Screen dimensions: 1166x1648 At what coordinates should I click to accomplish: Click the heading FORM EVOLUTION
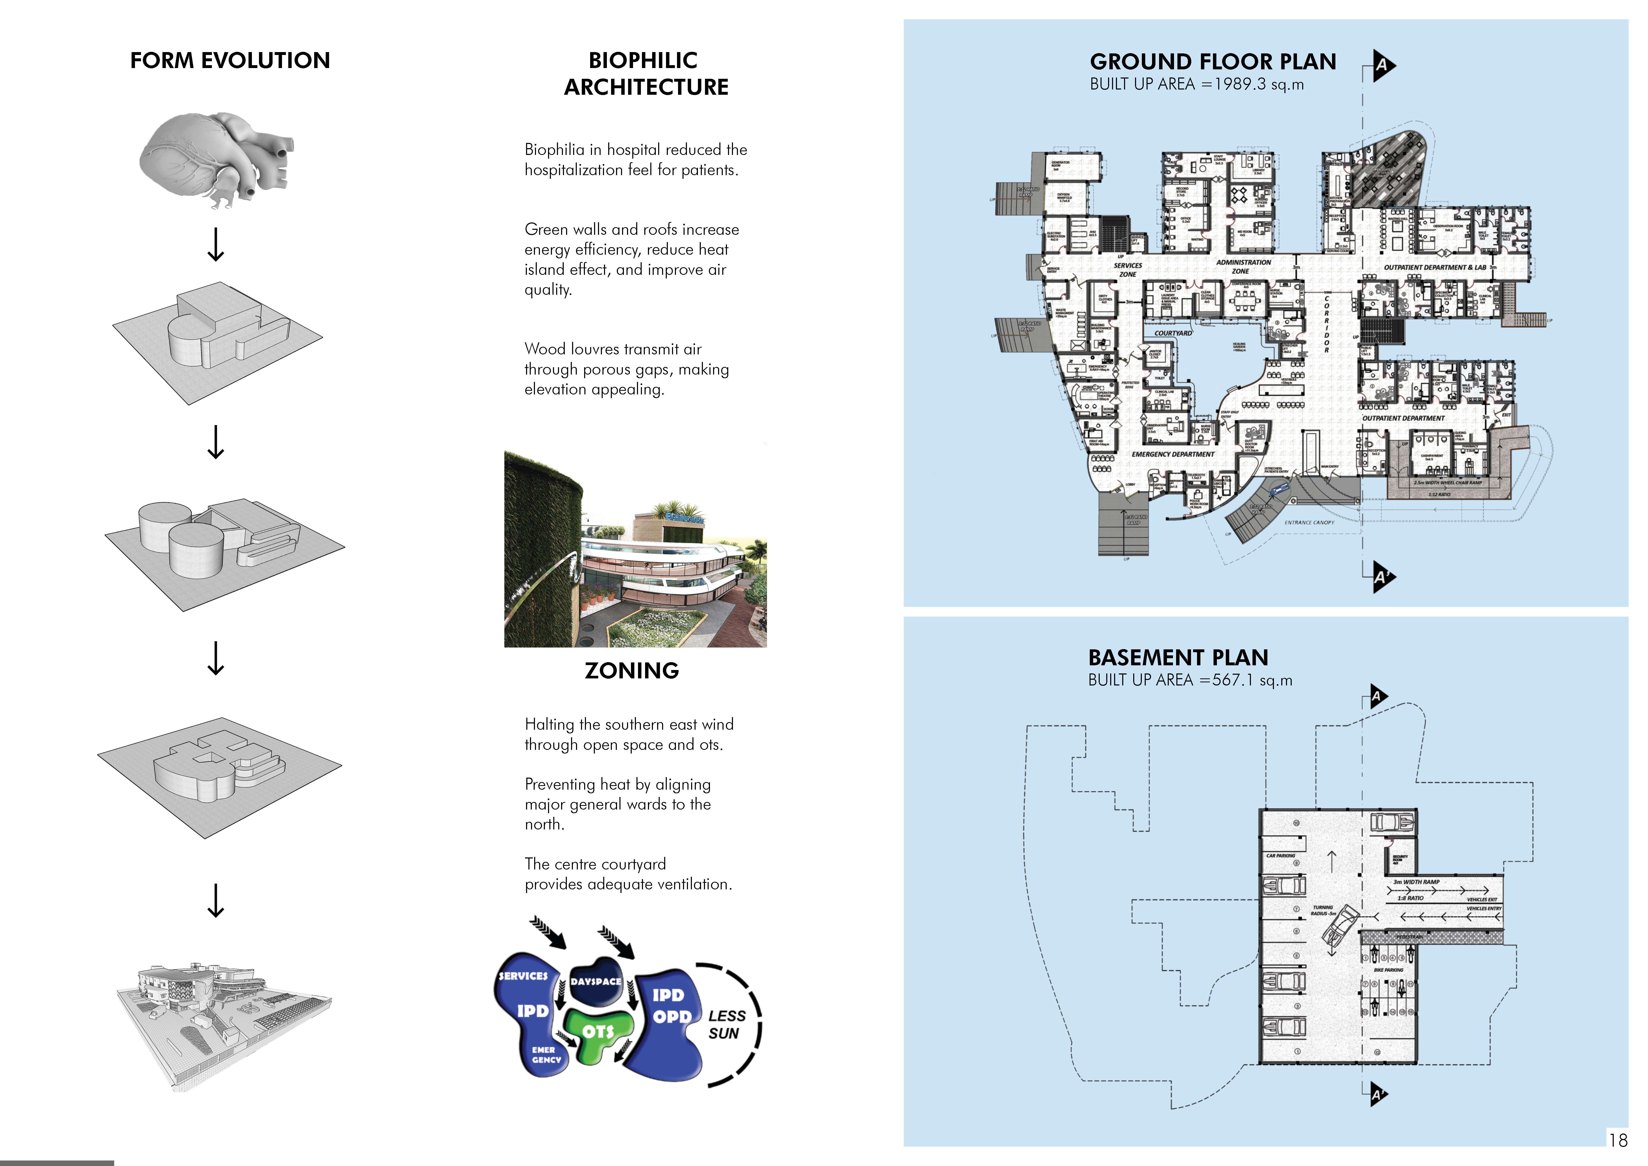pos(230,60)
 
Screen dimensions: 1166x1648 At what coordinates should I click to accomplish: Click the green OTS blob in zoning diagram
pos(598,1032)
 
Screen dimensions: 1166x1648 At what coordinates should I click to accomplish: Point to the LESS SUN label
pos(726,1025)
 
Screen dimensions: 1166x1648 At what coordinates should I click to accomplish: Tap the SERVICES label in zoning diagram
pos(523,976)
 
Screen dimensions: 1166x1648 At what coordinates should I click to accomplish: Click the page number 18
pos(1618,1140)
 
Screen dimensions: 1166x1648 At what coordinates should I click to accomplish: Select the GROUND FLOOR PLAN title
pos(1212,62)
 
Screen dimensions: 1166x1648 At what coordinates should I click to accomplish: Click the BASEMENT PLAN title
pos(1178,658)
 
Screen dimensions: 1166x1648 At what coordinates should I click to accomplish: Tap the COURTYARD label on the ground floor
pos(1173,333)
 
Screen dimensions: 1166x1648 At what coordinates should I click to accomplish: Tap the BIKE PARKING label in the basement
pos(1388,970)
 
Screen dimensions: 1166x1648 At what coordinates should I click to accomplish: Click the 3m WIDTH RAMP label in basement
pos(1415,882)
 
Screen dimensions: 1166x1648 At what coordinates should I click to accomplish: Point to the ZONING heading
pos(632,671)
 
